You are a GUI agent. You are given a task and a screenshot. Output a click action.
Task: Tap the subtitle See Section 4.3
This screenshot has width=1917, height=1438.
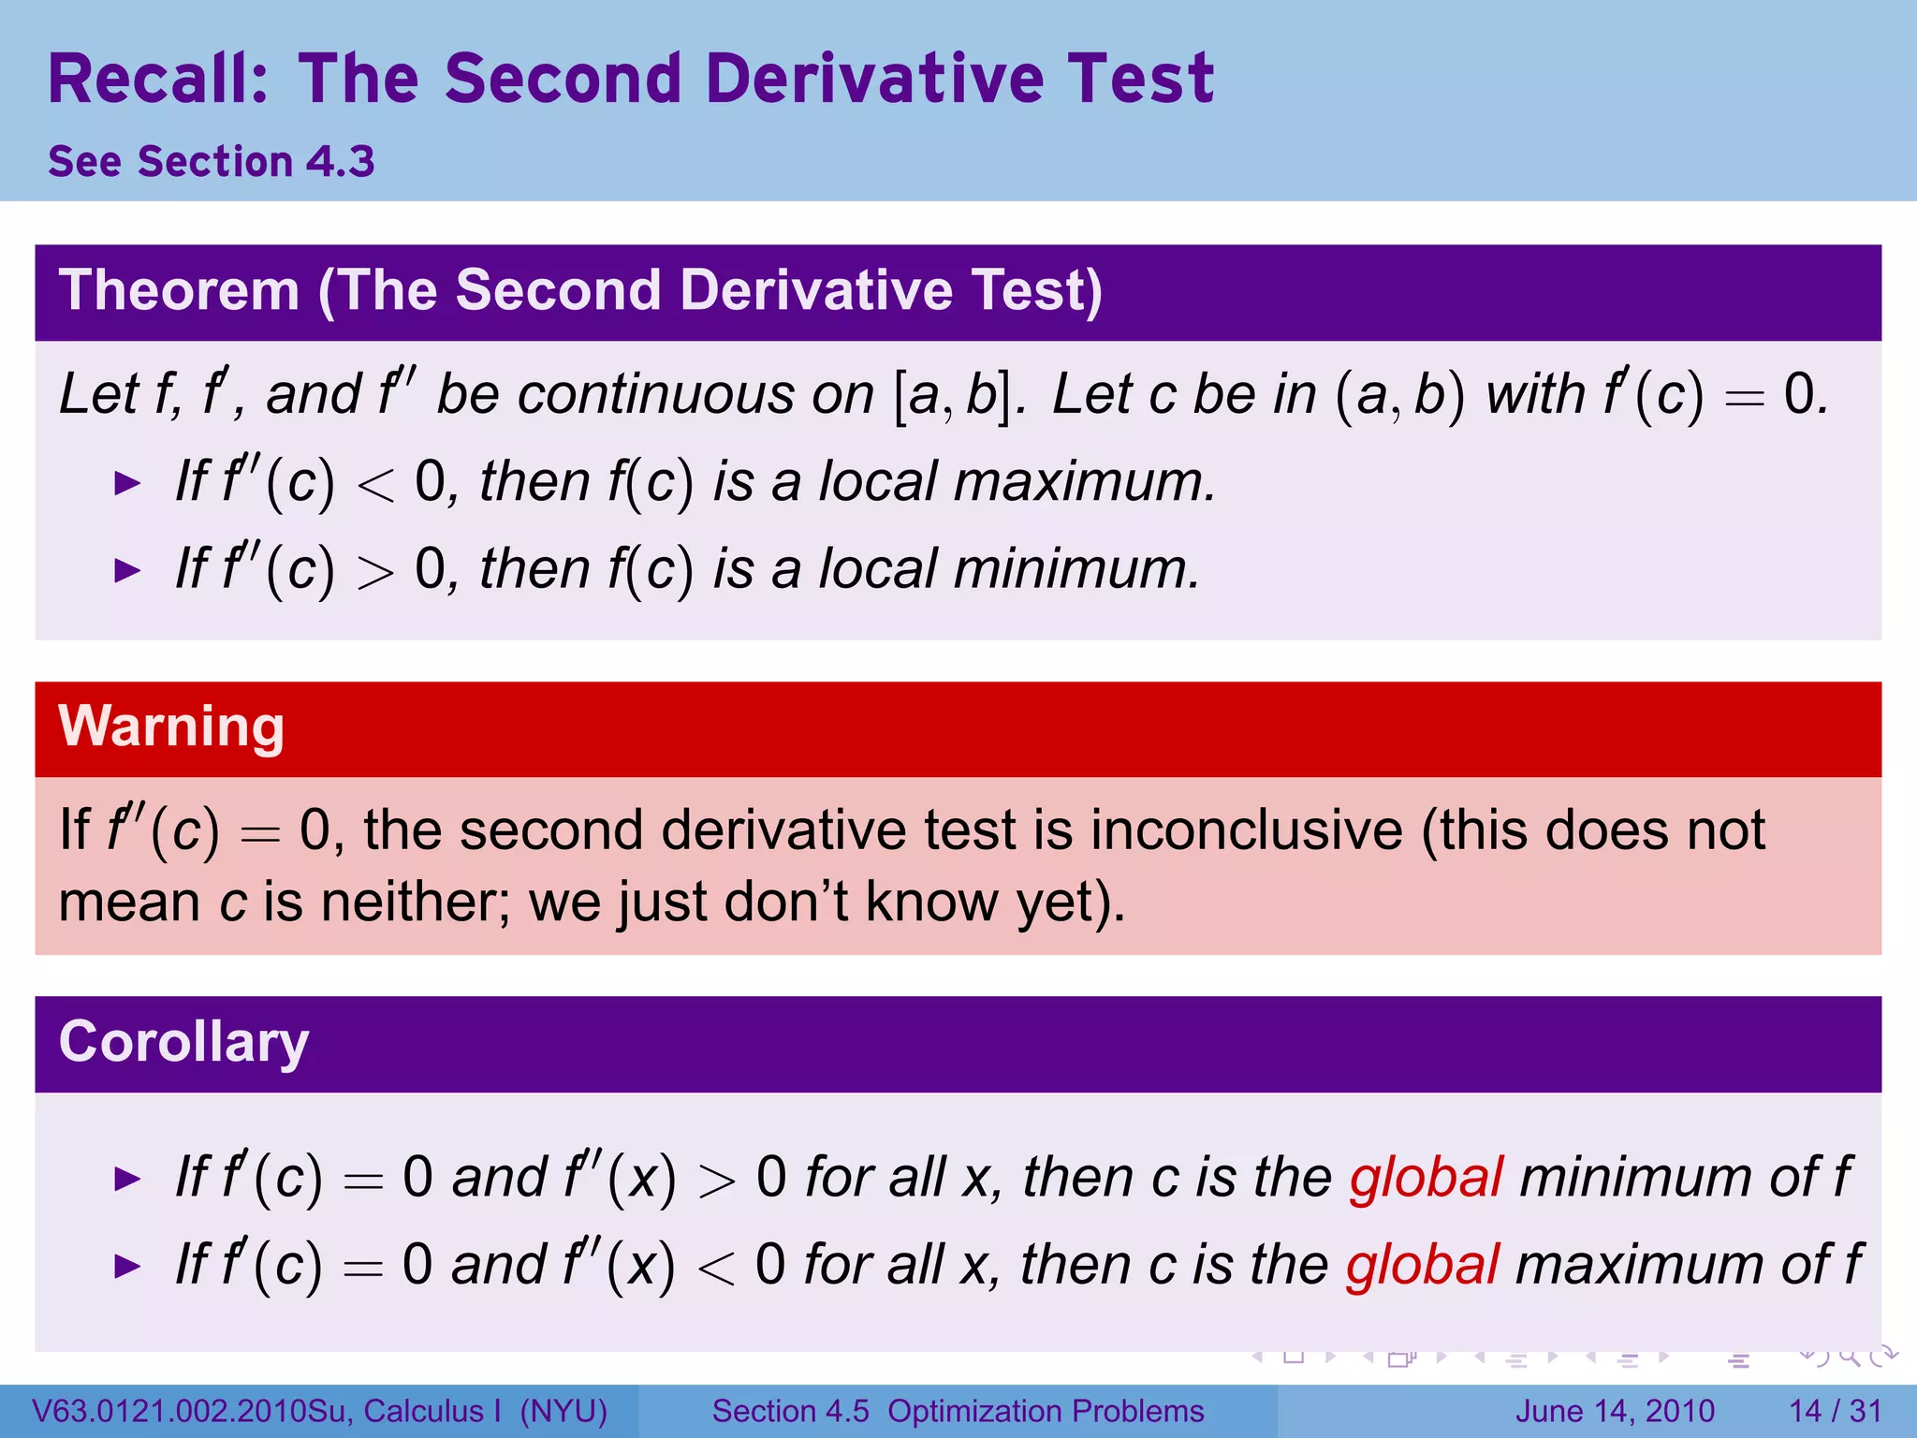(x=212, y=162)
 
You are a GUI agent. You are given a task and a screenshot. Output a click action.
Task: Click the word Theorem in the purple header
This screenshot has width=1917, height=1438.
(x=179, y=290)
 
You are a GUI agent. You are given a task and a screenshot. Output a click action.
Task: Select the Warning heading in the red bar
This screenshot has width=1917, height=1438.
(x=171, y=726)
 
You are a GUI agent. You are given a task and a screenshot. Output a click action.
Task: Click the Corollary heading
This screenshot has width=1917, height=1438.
(x=183, y=1042)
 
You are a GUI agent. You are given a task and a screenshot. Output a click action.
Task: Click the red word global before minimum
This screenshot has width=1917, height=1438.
(x=1426, y=1177)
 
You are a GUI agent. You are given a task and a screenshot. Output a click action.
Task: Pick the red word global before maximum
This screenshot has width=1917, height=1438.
(x=1423, y=1265)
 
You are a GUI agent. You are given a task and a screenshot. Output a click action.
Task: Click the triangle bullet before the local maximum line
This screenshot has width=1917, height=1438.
(x=126, y=484)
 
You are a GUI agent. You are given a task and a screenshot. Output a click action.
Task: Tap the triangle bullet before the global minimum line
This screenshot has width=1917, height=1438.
(x=126, y=1179)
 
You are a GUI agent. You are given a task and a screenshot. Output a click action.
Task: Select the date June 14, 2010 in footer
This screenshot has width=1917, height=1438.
(x=1615, y=1411)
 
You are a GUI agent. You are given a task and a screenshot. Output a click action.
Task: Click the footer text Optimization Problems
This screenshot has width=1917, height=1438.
(x=1046, y=1411)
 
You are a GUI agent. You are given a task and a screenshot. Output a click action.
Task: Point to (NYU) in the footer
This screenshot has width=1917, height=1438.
(x=563, y=1411)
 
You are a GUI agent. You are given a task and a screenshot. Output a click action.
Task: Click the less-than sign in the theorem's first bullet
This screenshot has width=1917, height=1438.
(x=375, y=486)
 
